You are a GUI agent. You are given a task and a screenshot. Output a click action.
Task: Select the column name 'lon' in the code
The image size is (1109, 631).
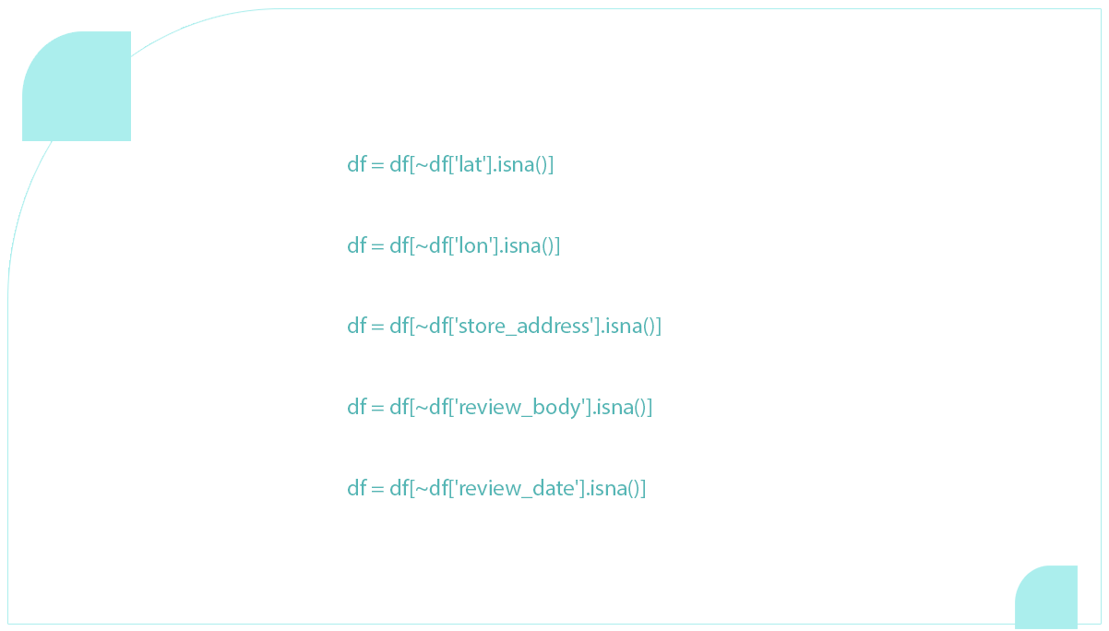pyautogui.click(x=472, y=246)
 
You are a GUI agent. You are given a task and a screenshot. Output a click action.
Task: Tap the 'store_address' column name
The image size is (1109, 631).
pyautogui.click(x=523, y=327)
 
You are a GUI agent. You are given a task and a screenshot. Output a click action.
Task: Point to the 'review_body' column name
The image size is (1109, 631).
pyautogui.click(x=519, y=408)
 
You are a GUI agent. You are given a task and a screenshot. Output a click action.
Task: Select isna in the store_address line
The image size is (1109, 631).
pyautogui.click(x=623, y=327)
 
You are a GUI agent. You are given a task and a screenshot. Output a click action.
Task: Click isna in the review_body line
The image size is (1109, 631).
pyautogui.click(x=614, y=408)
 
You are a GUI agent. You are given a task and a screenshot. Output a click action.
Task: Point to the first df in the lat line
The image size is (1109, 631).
pyautogui.click(x=356, y=165)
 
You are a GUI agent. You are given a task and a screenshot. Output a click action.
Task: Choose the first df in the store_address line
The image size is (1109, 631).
pyautogui.click(x=356, y=327)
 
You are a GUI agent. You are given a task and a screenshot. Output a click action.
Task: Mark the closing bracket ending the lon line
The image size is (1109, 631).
pyautogui.click(x=556, y=246)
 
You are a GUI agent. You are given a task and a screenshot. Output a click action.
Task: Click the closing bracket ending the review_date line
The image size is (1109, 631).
pyautogui.click(x=642, y=489)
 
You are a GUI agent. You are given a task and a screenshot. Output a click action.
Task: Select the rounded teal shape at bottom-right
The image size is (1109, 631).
pyautogui.click(x=1047, y=595)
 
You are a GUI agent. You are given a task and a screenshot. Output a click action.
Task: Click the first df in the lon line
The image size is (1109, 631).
pyautogui.click(x=356, y=246)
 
